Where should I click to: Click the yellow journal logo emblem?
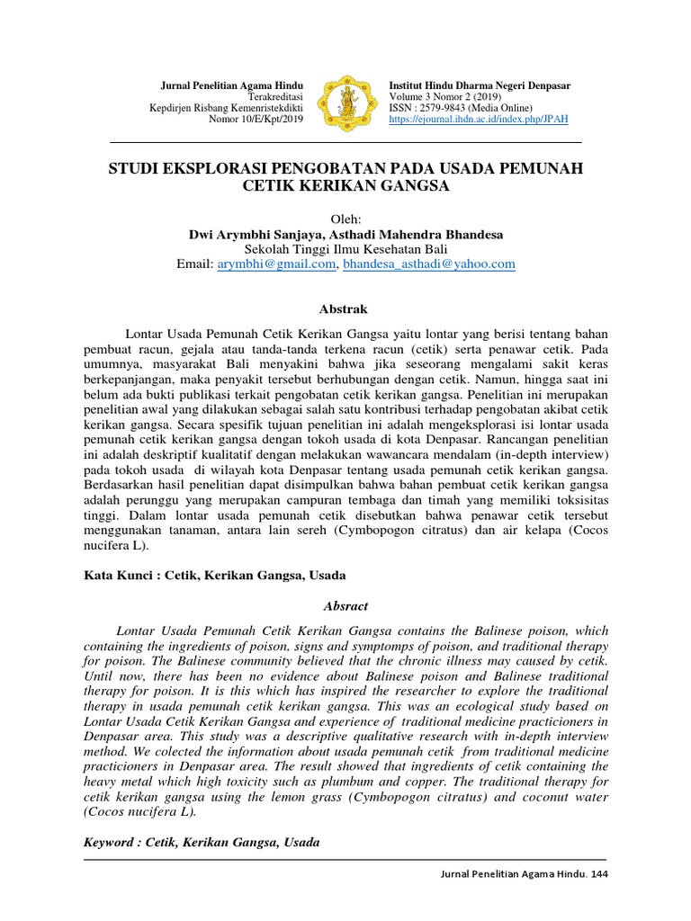pos(345,102)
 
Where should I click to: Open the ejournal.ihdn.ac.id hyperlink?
pos(478,119)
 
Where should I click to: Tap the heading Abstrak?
pos(345,308)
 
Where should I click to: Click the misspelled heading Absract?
pos(345,606)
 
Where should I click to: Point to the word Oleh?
pos(345,219)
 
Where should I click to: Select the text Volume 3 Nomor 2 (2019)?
pos(445,96)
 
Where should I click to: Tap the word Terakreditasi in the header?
pos(274,96)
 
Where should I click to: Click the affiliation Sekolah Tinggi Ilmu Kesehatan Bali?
pos(345,249)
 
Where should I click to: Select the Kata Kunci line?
pos(214,574)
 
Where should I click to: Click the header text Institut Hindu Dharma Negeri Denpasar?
pos(480,85)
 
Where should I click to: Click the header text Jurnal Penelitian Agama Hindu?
pos(230,85)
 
